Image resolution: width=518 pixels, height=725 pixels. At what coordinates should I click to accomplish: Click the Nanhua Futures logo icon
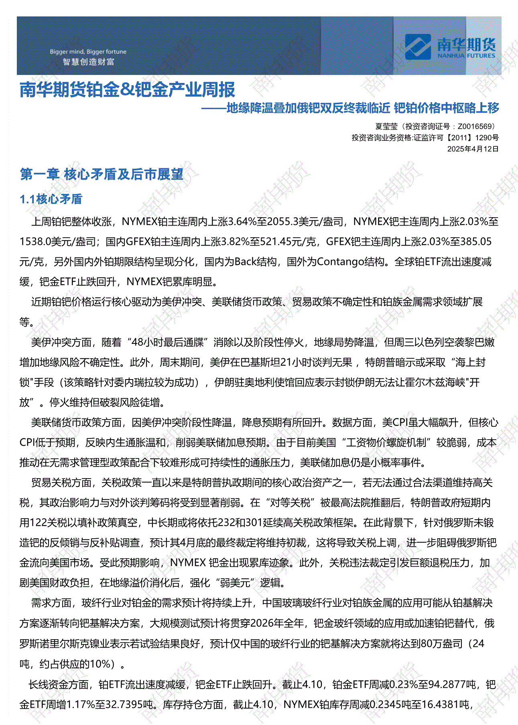coord(418,46)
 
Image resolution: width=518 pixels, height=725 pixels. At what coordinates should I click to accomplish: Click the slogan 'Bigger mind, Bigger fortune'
coord(88,52)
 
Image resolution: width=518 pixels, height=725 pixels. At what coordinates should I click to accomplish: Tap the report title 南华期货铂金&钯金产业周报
coord(127,89)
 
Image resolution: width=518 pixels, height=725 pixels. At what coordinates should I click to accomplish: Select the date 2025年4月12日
coord(473,149)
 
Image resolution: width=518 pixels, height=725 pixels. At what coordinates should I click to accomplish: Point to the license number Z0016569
coord(476,127)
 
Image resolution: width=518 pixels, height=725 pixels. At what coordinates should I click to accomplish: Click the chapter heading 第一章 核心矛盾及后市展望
coord(102,174)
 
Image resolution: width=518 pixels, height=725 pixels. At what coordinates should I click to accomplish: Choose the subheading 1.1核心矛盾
coord(51,199)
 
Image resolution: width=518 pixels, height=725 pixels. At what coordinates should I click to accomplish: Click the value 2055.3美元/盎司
coord(305,222)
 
